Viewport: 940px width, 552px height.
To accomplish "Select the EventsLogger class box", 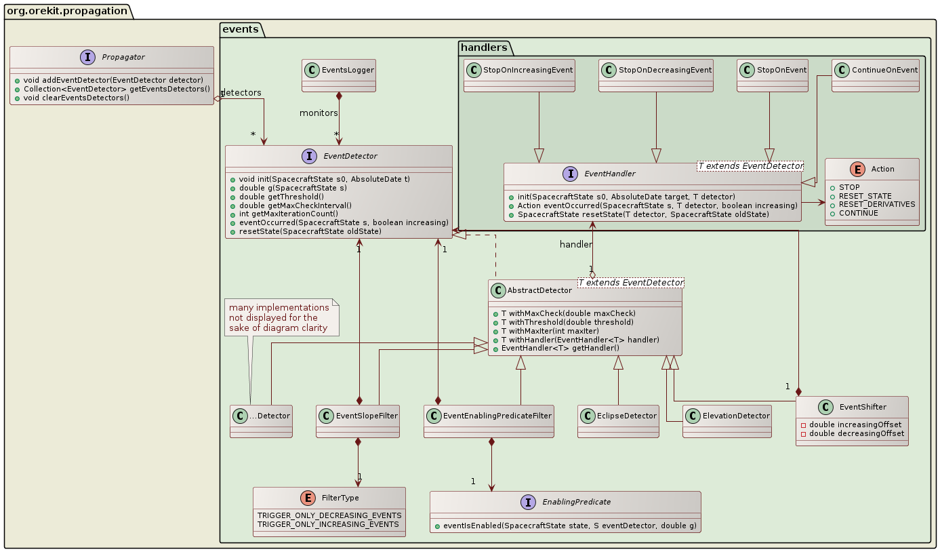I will click(338, 75).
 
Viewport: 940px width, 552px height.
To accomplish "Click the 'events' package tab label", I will click(239, 28).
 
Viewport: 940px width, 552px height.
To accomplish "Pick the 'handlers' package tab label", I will click(483, 47).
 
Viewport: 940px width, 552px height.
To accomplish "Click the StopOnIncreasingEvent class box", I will click(519, 75).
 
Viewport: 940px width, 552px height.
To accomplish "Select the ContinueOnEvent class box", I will click(875, 75).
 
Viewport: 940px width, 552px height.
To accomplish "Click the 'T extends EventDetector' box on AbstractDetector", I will click(630, 282).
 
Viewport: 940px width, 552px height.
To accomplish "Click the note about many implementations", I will click(281, 317).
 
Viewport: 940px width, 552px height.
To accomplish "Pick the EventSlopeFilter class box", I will click(357, 420).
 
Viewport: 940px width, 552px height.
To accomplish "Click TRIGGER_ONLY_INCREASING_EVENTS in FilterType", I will click(329, 524).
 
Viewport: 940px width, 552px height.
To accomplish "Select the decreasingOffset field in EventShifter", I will click(855, 433).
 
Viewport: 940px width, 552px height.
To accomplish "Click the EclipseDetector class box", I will click(618, 420).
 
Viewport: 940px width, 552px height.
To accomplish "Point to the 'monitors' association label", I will click(319, 113).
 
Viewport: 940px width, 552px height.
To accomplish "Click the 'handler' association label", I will click(575, 244).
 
